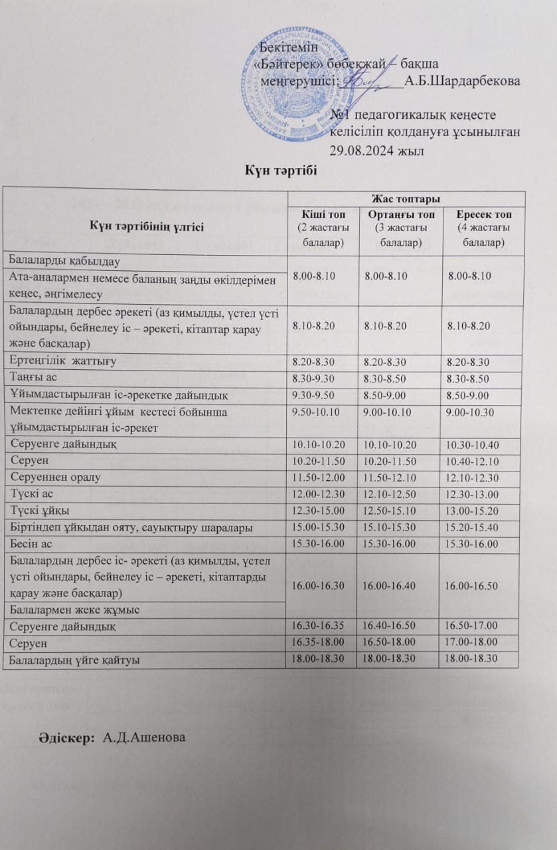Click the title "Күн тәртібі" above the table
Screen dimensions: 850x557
(278, 171)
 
